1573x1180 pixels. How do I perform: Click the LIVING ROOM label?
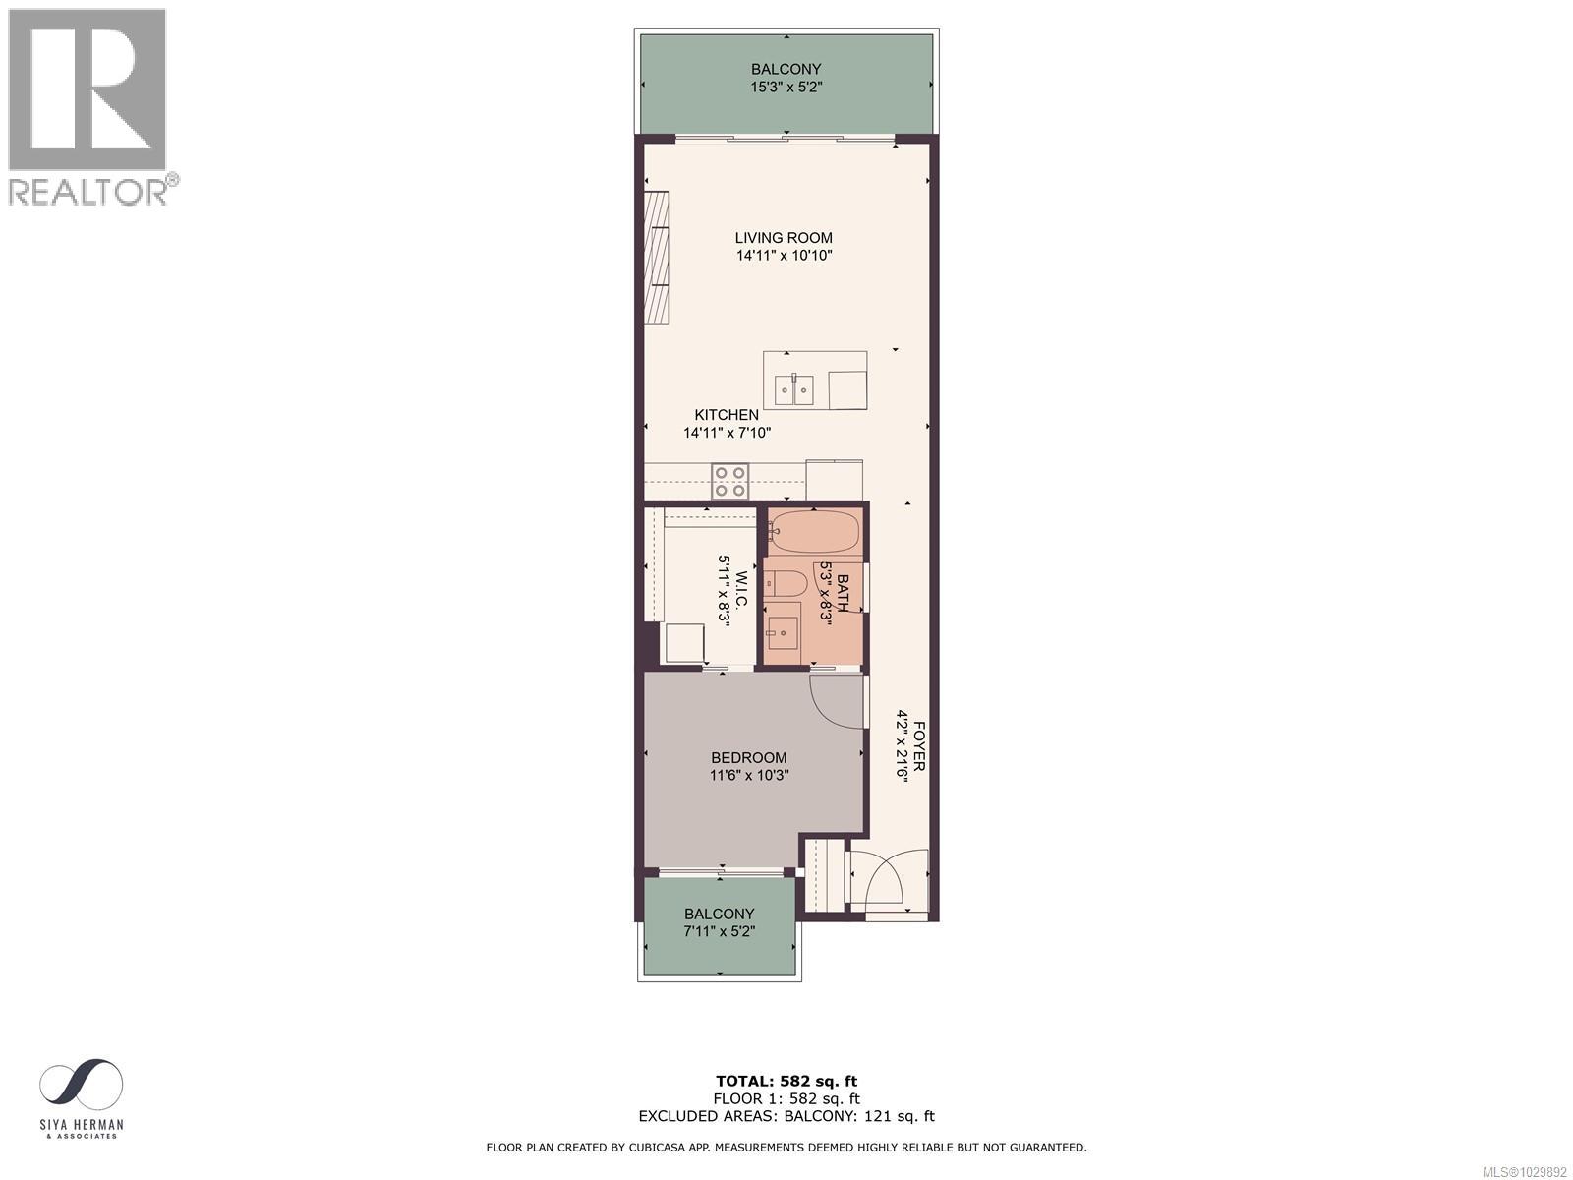784,238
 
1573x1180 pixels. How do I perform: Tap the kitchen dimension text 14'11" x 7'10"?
727,432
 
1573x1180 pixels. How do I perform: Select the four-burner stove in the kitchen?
729,481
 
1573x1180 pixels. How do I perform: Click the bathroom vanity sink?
784,632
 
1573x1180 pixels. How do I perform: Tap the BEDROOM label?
748,758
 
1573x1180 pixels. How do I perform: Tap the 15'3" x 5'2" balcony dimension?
786,87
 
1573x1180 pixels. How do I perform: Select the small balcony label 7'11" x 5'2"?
720,931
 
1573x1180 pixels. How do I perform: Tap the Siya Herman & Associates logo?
82,1098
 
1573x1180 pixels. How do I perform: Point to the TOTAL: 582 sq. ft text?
786,1082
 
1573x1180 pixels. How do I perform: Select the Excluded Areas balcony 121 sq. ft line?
786,1116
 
